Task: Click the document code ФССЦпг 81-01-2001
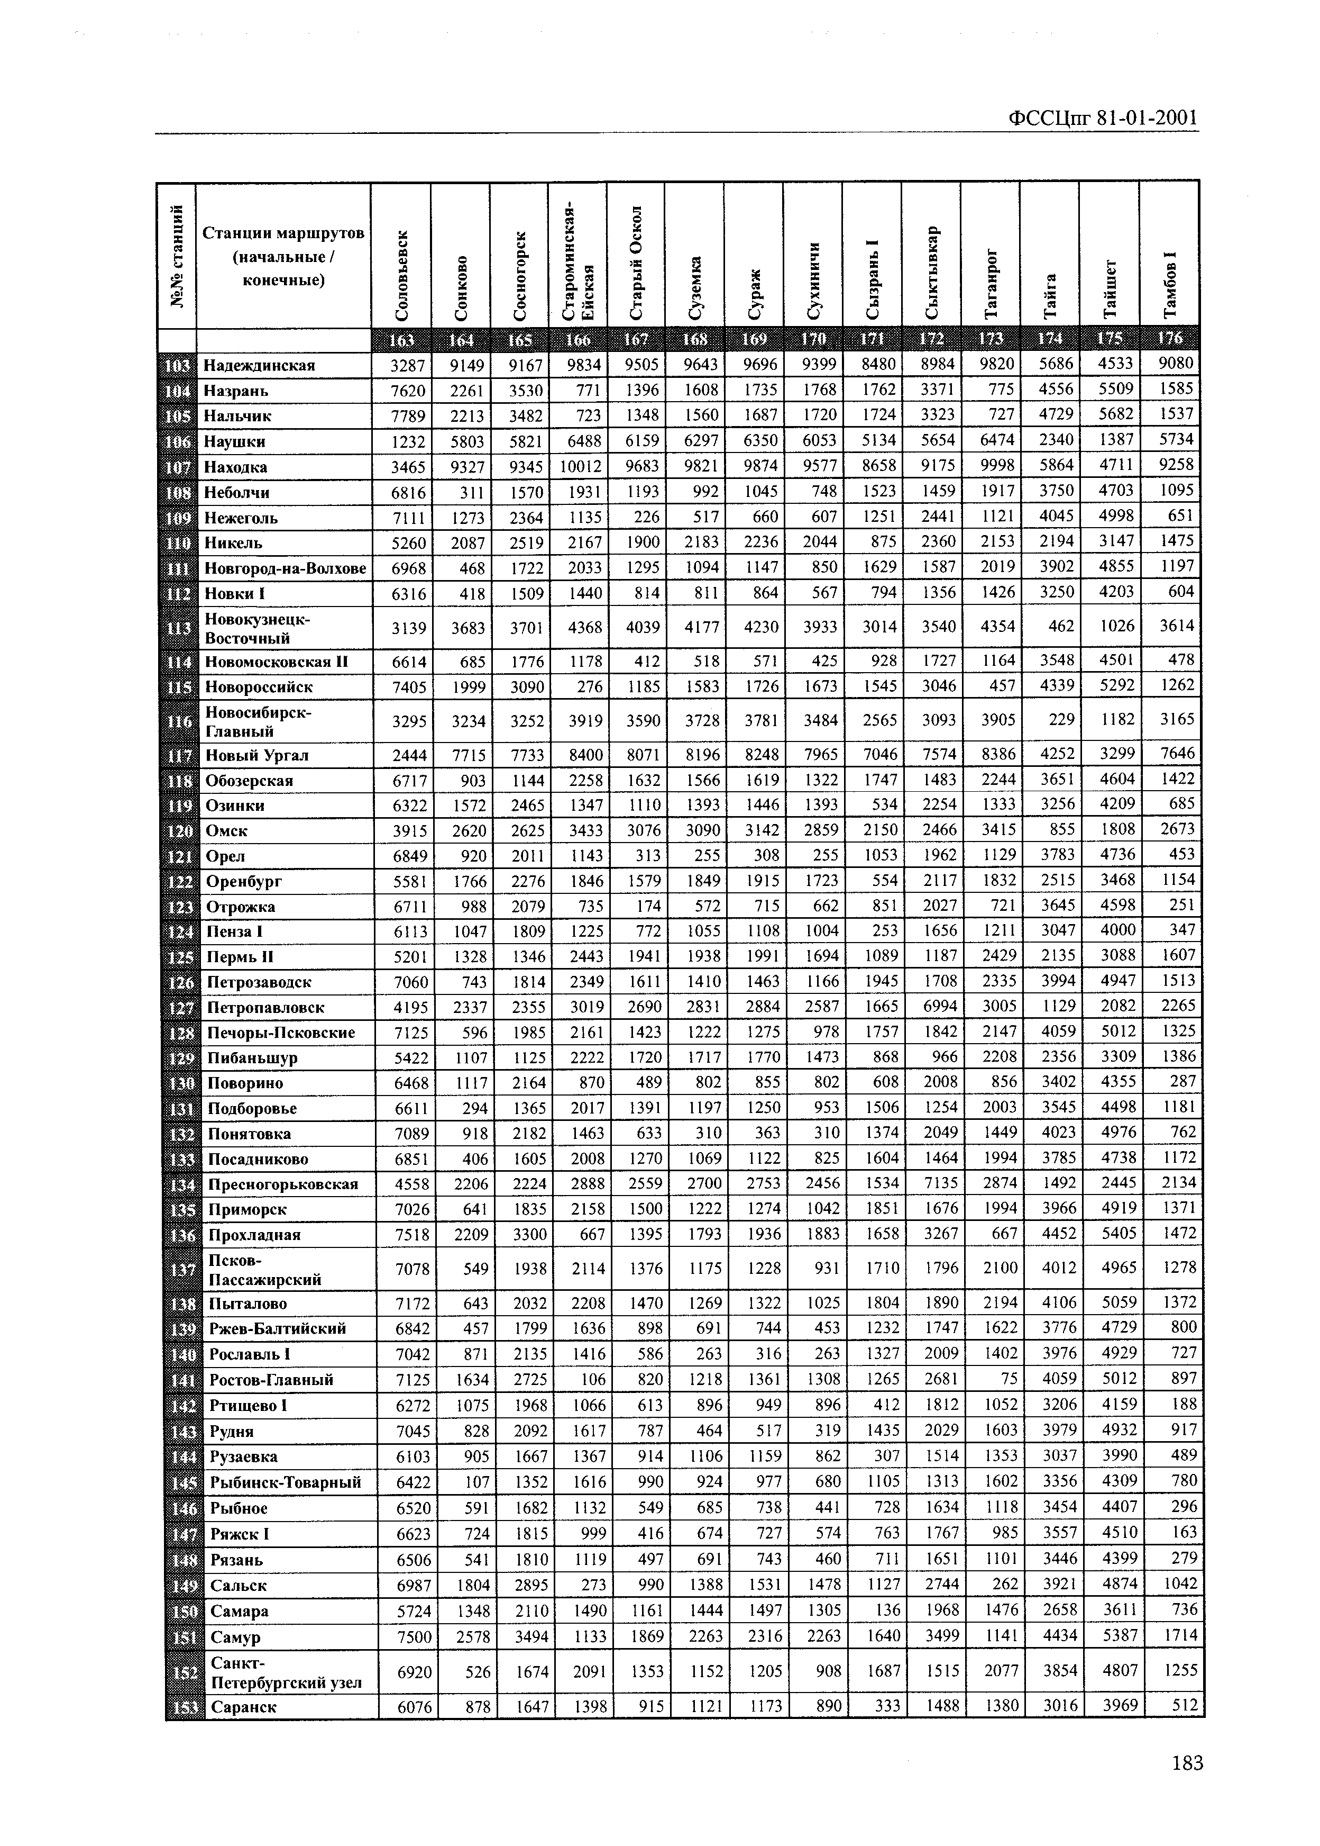point(1103,119)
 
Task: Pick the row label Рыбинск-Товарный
point(285,1482)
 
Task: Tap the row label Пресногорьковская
point(283,1184)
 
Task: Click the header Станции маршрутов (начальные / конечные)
point(283,257)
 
